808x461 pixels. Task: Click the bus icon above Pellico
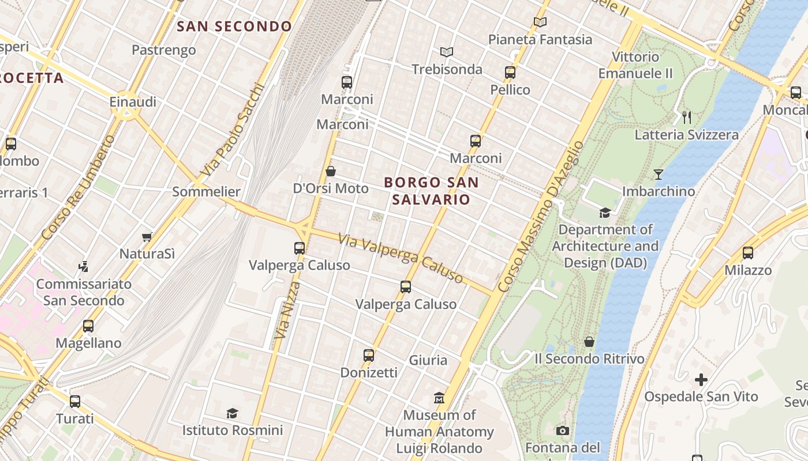(x=510, y=73)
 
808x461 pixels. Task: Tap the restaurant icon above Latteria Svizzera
(x=687, y=118)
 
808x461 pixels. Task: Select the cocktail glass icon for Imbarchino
(x=658, y=174)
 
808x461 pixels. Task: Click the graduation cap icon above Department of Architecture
(x=605, y=213)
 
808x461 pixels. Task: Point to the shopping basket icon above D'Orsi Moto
(x=331, y=171)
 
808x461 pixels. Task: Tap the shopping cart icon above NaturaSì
(x=147, y=237)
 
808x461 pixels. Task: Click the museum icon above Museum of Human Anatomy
(x=439, y=398)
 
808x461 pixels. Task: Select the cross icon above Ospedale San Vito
(x=701, y=380)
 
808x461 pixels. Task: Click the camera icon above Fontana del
(x=563, y=430)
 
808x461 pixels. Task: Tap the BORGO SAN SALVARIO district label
(x=431, y=191)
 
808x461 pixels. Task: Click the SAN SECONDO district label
(x=234, y=27)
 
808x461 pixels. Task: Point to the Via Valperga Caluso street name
(x=401, y=258)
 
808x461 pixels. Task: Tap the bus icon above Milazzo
(x=748, y=253)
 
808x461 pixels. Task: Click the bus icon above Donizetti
(x=369, y=356)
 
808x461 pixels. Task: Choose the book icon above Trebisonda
(x=447, y=52)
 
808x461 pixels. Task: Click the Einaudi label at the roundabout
(x=133, y=102)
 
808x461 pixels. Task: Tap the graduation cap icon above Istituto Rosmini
(x=232, y=413)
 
